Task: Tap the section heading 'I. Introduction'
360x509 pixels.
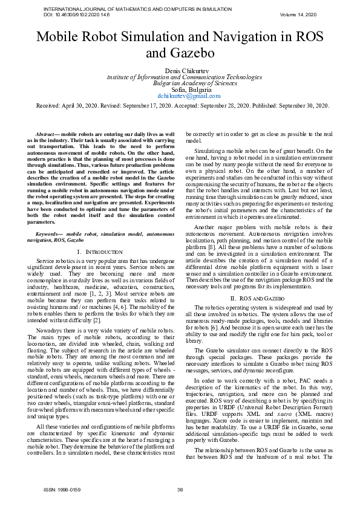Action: tap(101, 250)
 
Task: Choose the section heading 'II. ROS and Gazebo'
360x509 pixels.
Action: tap(258, 299)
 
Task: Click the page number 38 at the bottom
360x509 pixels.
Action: tap(180, 490)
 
